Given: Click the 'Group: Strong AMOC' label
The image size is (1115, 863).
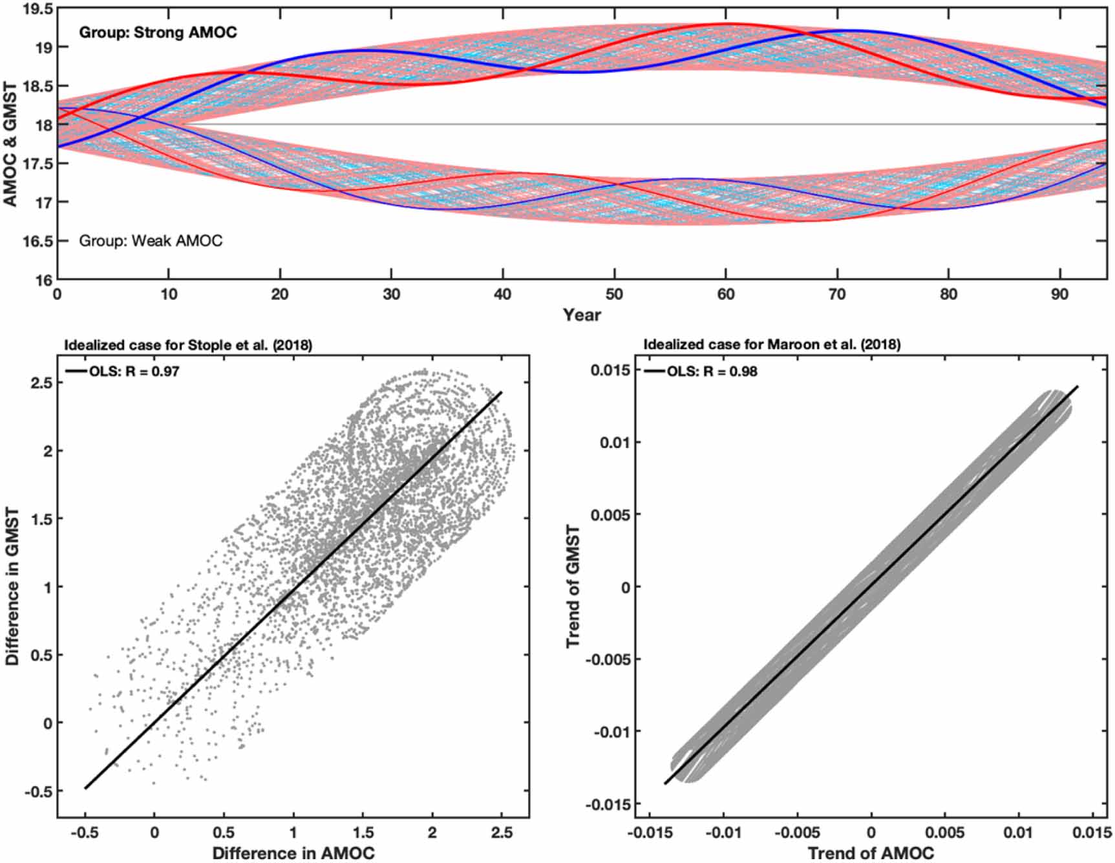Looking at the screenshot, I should point(158,32).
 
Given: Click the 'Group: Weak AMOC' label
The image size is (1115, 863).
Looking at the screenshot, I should point(151,241).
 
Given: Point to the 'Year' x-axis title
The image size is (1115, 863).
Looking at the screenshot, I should point(582,315).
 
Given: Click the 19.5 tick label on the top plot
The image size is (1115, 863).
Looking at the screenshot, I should point(36,9).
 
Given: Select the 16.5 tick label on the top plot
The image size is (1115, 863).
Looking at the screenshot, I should point(36,241).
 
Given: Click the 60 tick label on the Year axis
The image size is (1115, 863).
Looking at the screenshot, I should point(725,295).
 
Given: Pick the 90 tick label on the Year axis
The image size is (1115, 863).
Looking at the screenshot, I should point(1059,295).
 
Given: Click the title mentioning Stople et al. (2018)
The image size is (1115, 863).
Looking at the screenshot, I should point(187,345).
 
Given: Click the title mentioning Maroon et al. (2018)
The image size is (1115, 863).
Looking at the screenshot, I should point(772,345).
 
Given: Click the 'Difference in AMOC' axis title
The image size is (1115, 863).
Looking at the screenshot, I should point(293,853).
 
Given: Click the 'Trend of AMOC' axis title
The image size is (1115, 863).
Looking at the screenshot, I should point(871,853).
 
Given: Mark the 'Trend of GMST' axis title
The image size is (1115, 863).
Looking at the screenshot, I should point(573,587).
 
